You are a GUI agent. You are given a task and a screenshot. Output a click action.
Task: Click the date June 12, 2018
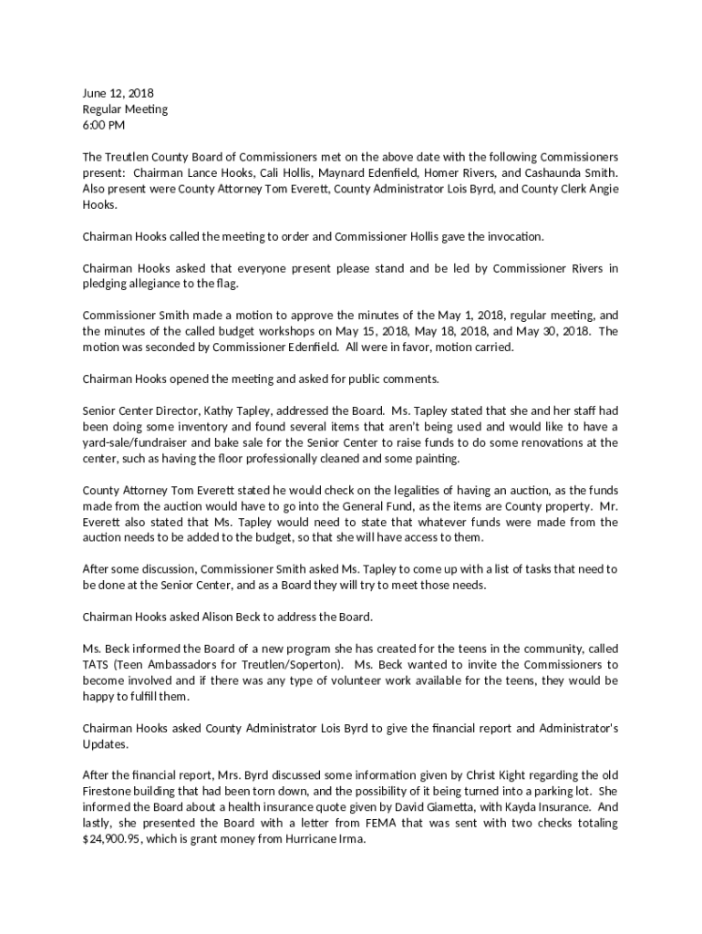[x=118, y=93]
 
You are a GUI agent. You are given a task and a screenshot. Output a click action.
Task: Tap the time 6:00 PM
[x=104, y=125]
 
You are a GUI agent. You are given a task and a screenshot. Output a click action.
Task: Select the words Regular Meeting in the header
[x=125, y=109]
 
